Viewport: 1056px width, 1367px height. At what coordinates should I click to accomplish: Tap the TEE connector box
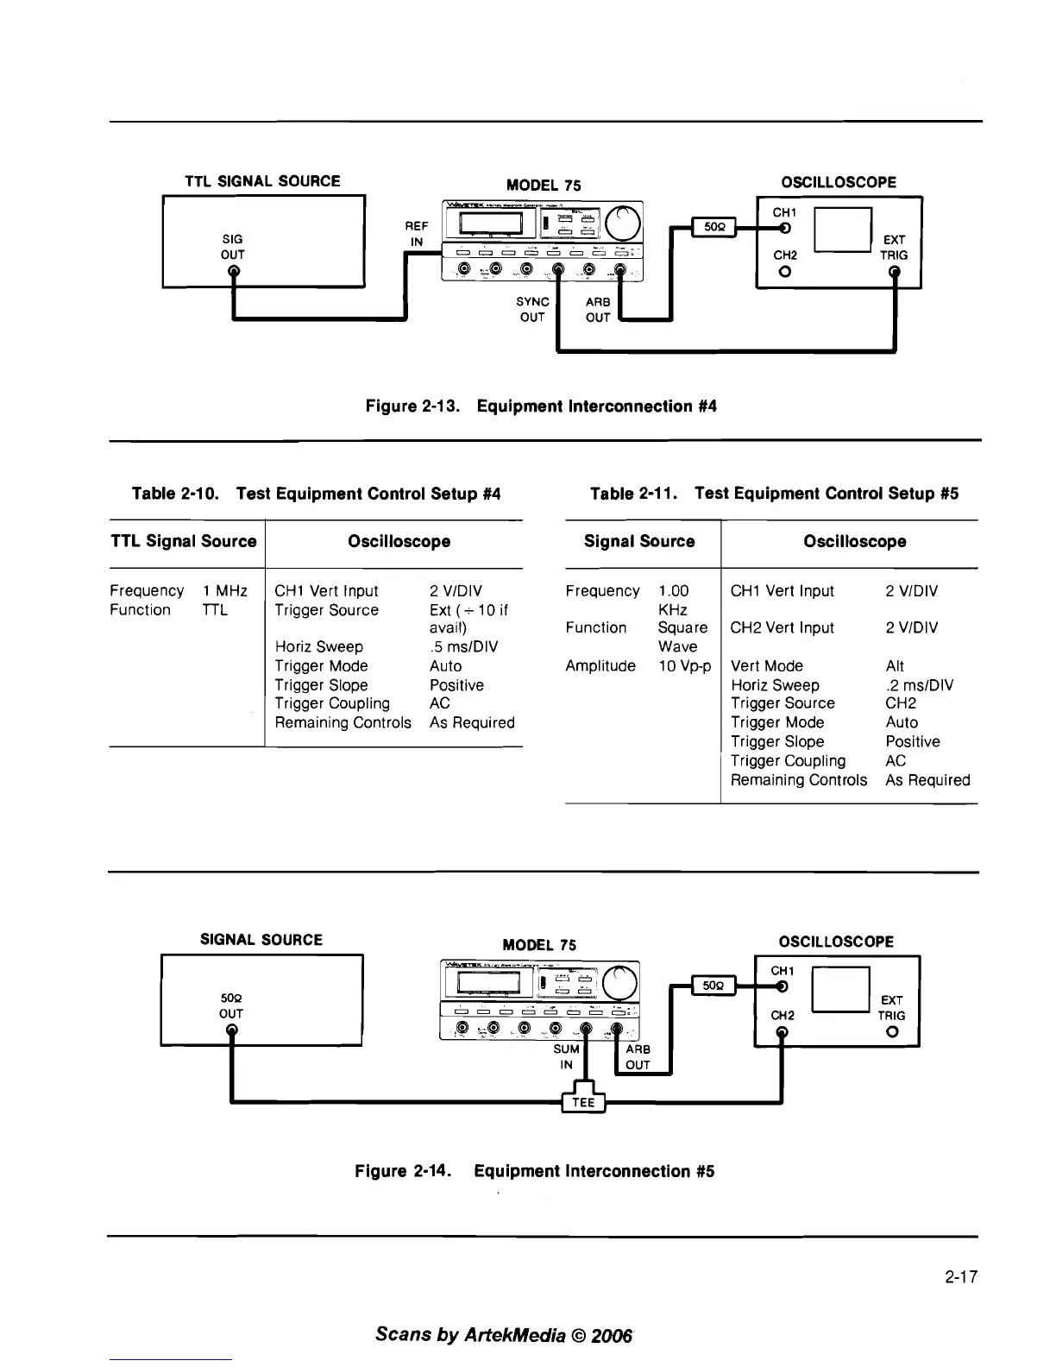click(583, 1103)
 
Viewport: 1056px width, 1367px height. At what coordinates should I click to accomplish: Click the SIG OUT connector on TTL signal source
click(233, 271)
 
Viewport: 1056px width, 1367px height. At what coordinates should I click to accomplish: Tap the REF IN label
click(416, 233)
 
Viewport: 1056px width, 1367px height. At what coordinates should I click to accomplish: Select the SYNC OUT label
click(532, 309)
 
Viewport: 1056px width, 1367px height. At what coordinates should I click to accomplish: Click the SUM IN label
click(566, 1056)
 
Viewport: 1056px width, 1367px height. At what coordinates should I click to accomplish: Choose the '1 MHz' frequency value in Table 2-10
click(225, 591)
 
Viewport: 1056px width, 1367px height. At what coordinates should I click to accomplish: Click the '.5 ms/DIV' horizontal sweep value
click(463, 647)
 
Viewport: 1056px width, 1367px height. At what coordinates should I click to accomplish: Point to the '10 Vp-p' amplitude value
click(684, 666)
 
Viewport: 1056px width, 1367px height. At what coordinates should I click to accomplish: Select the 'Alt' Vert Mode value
click(895, 666)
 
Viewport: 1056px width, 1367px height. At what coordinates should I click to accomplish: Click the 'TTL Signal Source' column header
click(184, 542)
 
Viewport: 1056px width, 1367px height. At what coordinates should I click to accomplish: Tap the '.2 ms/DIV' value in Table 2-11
click(919, 685)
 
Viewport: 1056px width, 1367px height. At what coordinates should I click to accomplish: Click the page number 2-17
click(961, 1277)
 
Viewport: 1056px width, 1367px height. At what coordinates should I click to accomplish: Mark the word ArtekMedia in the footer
click(513, 1334)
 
